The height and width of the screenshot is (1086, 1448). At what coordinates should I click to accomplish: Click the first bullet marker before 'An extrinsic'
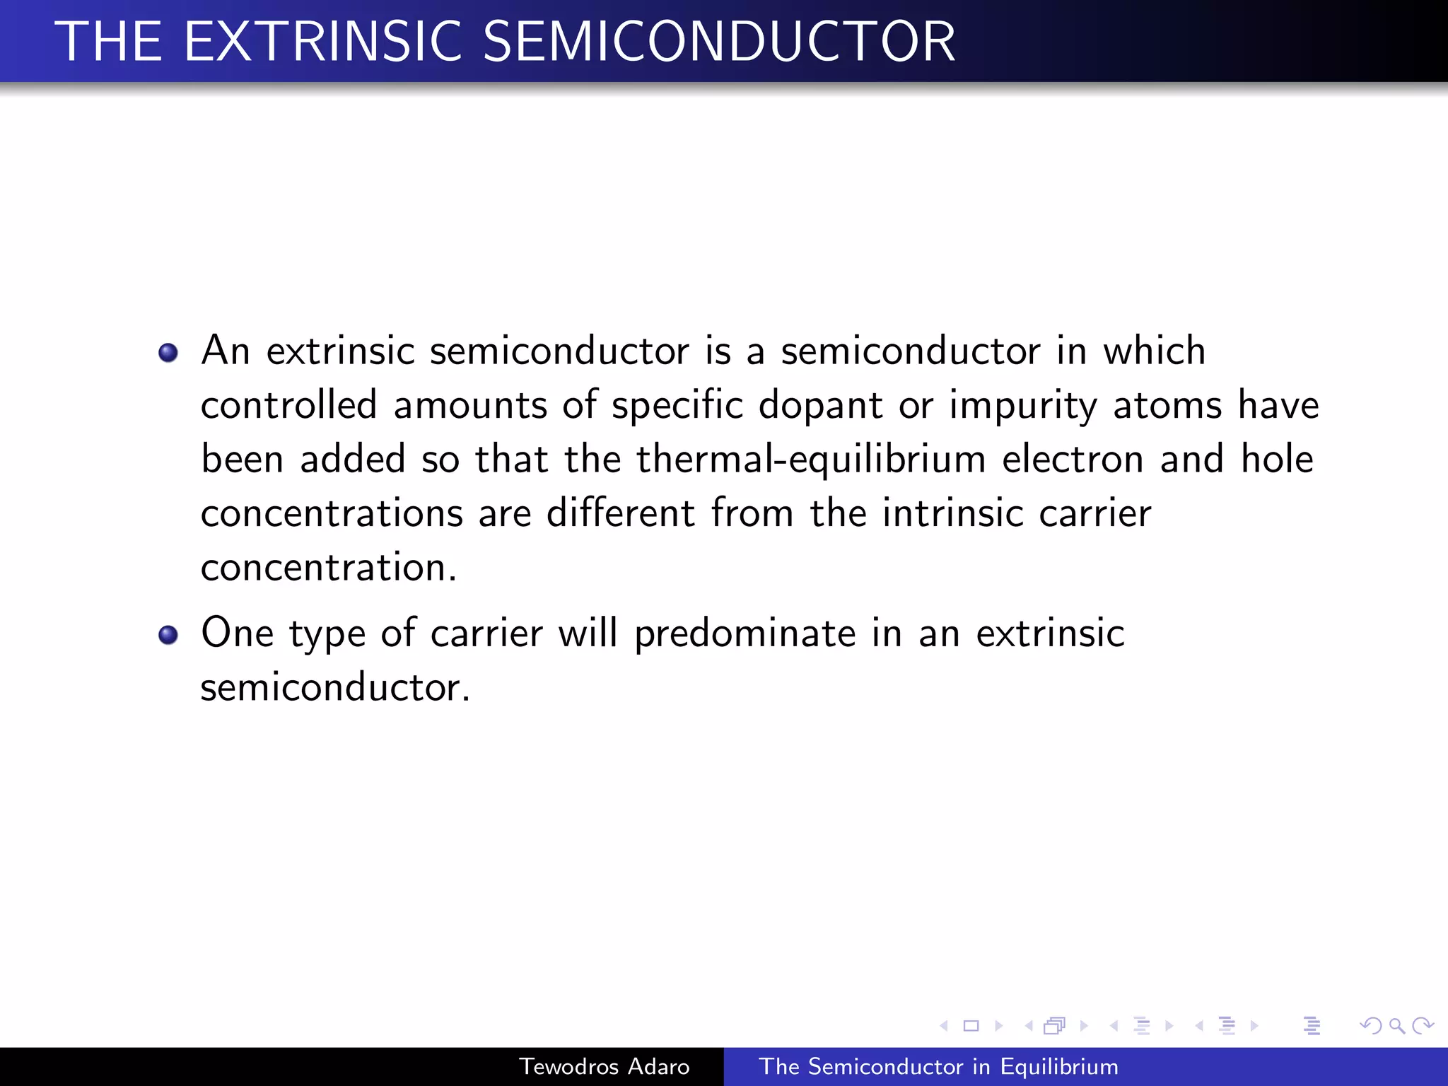[x=168, y=352]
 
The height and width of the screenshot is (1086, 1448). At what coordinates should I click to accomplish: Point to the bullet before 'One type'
[x=168, y=634]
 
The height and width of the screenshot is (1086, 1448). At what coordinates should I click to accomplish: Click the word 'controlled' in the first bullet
[x=288, y=405]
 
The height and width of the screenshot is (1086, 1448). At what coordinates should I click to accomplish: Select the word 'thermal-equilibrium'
[x=811, y=460]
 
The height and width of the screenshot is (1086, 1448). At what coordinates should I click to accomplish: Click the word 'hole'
[x=1278, y=459]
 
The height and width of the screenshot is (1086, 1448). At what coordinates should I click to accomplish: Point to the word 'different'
[x=621, y=513]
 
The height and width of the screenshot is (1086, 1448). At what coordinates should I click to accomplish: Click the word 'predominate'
[x=745, y=633]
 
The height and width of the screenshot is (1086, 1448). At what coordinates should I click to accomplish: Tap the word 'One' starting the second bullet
[x=238, y=633]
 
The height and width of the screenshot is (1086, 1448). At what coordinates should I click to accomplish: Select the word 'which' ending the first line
[x=1154, y=351]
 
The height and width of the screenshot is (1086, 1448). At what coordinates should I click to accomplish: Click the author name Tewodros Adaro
[x=605, y=1066]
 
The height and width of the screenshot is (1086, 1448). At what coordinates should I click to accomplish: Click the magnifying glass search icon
[x=1396, y=1025]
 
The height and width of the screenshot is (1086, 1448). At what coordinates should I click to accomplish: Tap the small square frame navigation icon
[x=971, y=1025]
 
